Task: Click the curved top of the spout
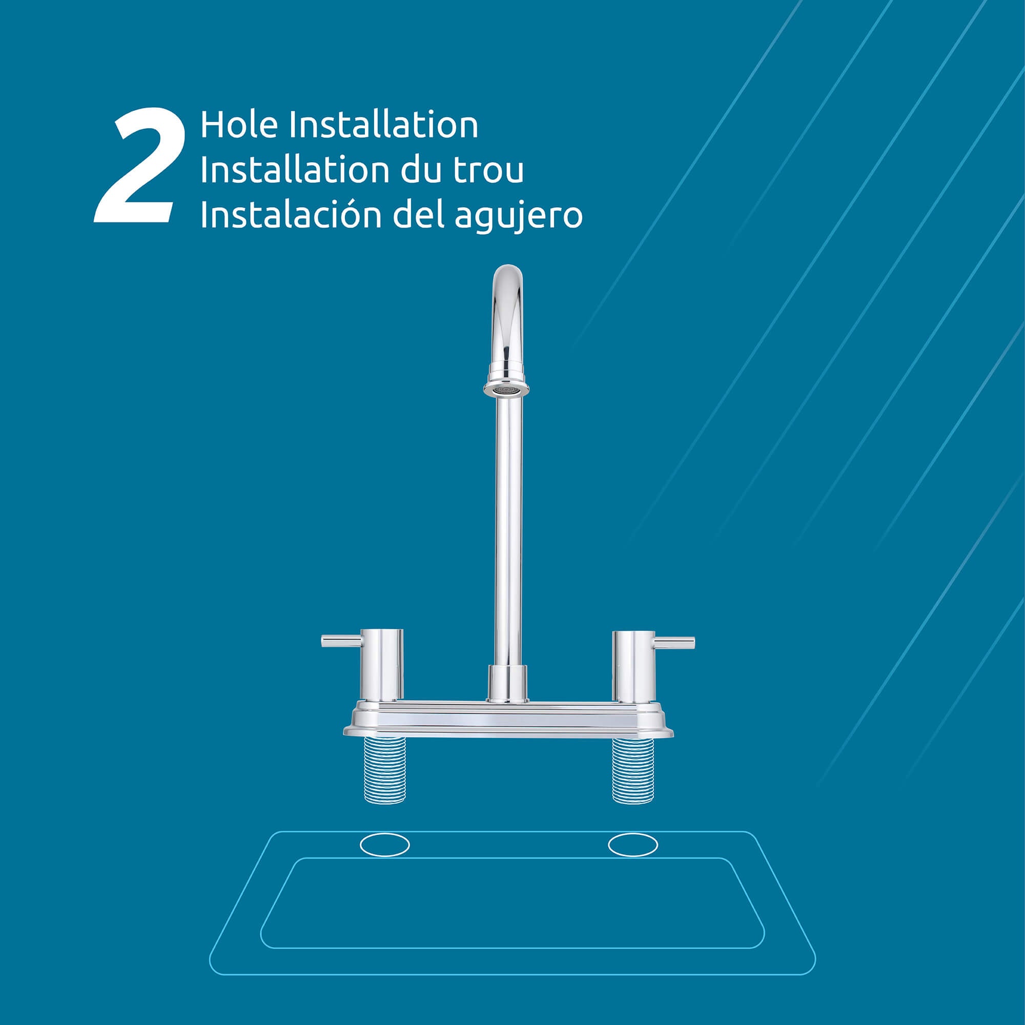[x=508, y=281]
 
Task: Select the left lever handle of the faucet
[x=341, y=641]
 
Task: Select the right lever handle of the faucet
[x=674, y=642]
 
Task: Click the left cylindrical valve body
[x=382, y=664]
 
